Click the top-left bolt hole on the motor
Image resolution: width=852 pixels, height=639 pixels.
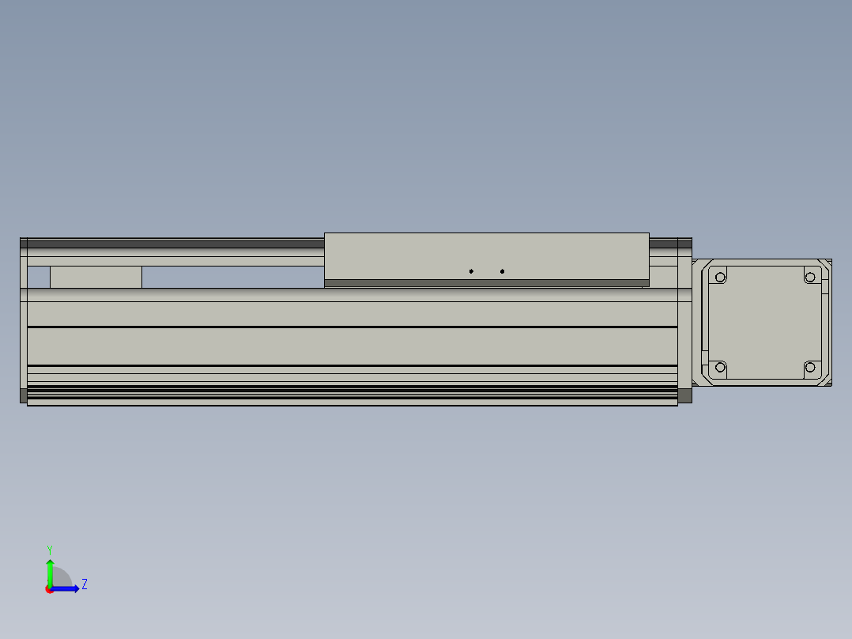(720, 277)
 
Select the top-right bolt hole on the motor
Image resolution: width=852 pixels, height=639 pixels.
(809, 277)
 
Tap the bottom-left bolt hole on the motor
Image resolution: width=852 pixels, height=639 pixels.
(720, 367)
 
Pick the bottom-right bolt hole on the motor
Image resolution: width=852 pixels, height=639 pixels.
(809, 367)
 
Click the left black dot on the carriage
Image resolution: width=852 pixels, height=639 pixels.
(471, 271)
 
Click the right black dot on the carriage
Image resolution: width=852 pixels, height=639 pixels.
(502, 271)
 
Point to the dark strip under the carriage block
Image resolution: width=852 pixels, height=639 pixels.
(486, 282)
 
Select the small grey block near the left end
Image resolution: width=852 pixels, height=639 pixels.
(96, 277)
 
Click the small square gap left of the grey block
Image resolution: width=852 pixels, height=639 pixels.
(39, 277)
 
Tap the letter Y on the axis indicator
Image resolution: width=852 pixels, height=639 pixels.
(49, 549)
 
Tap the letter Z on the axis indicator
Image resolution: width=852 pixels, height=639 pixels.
(84, 584)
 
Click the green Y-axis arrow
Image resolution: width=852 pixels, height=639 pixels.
(50, 571)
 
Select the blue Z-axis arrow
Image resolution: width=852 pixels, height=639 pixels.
(66, 588)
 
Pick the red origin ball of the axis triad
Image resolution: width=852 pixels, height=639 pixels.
(50, 589)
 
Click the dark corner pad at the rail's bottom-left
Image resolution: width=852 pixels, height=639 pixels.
(23, 395)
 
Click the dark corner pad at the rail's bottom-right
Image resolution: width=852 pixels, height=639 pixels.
(684, 395)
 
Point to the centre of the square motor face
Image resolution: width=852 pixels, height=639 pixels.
(764, 322)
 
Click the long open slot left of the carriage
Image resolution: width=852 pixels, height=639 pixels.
(232, 277)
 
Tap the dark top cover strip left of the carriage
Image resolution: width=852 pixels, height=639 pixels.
(174, 244)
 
